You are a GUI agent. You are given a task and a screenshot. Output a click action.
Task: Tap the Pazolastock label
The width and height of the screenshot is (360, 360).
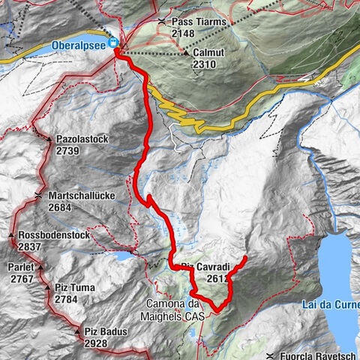(x=85, y=139)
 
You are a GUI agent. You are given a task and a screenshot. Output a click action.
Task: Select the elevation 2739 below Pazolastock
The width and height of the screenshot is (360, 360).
(x=72, y=150)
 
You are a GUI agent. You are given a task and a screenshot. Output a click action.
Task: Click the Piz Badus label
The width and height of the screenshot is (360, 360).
(x=103, y=331)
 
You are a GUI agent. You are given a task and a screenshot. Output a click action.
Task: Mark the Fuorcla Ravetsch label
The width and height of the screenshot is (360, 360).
(x=319, y=355)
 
